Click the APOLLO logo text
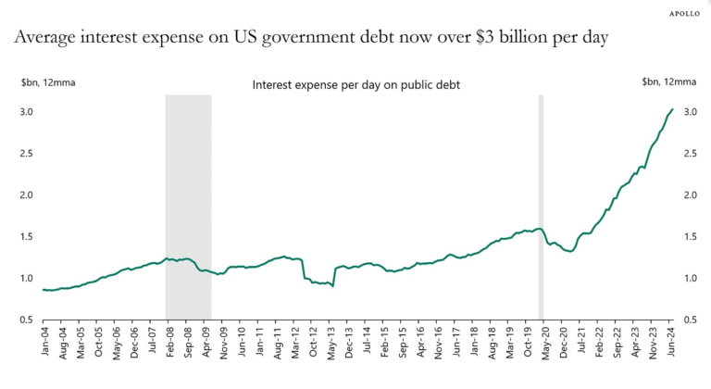point(683,14)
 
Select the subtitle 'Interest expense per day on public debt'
point(356,84)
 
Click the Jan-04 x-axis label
point(44,344)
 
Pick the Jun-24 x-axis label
point(672,344)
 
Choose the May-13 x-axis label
point(332,344)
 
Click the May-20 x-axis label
point(546,344)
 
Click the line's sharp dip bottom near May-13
point(332,286)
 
